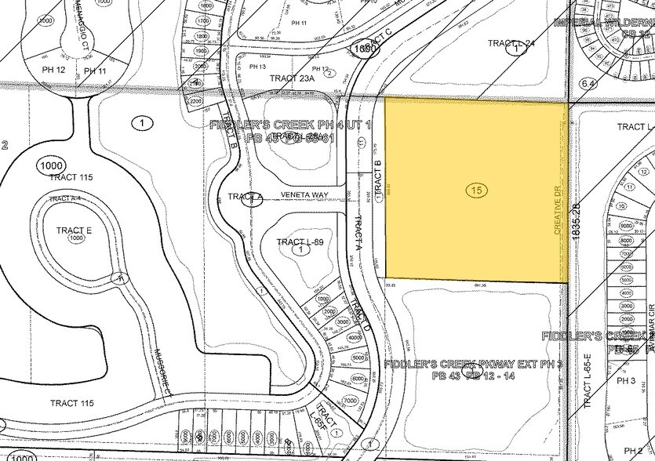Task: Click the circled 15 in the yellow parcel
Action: (x=473, y=190)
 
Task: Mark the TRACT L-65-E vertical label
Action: (x=585, y=390)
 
